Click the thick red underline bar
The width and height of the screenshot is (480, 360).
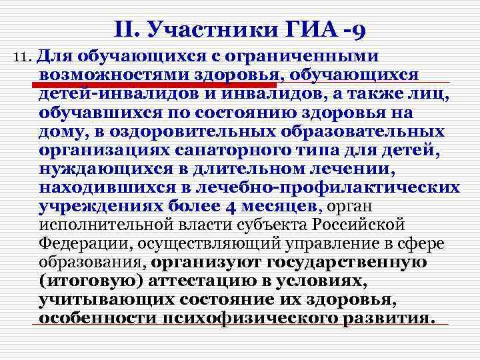(153, 85)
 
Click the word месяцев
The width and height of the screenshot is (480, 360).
(274, 206)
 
